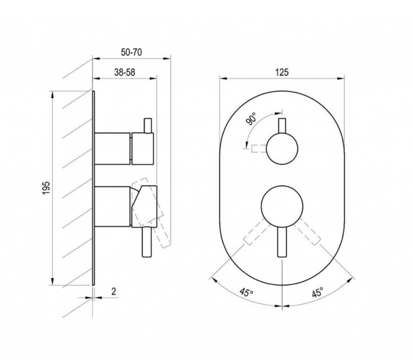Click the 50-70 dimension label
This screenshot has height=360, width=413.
pos(131,52)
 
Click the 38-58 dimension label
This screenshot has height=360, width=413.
pos(124,72)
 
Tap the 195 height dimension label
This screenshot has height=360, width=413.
pos(46,188)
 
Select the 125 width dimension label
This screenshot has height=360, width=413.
pos(282,72)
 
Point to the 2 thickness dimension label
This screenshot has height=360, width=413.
pos(114,291)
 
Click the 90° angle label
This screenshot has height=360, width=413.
pos(251,118)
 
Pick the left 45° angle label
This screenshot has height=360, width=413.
pos(246,292)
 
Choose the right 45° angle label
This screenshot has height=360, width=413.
pos(317,292)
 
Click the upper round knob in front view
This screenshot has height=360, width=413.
pos(282,149)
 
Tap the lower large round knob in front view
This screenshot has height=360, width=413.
pos(282,206)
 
